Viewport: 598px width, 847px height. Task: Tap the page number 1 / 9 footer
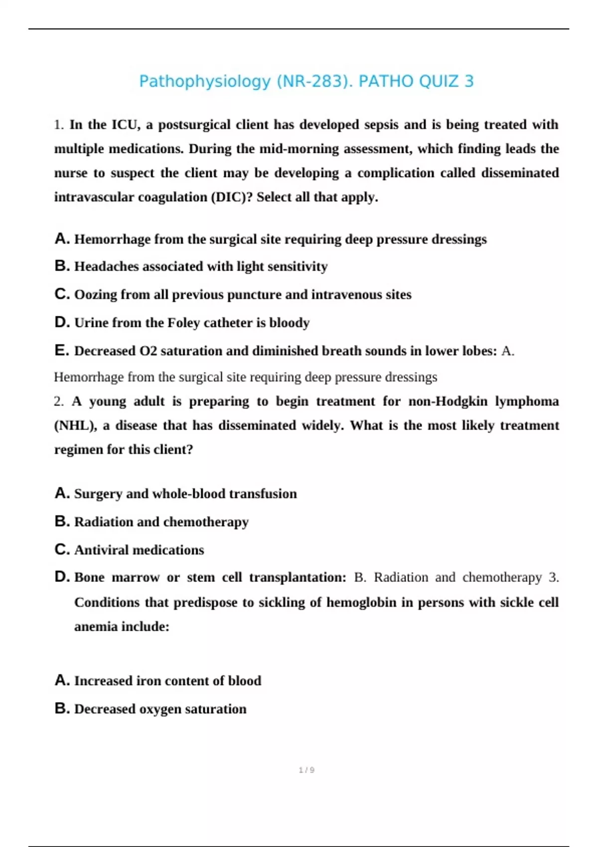point(306,770)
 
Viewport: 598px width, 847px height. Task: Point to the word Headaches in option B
point(106,267)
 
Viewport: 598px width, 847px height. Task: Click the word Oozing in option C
point(95,295)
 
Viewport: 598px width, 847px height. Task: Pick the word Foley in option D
point(183,323)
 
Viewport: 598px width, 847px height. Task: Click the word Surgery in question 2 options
point(98,494)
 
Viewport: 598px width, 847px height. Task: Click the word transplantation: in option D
point(298,577)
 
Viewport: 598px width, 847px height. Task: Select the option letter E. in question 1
point(62,351)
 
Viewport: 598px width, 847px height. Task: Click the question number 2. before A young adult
point(59,402)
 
